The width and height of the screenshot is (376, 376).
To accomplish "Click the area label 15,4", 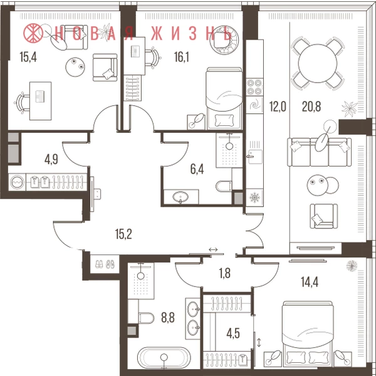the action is click(28, 57).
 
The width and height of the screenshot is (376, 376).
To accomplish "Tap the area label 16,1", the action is click(182, 57).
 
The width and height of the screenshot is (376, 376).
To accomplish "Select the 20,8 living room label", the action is click(311, 107).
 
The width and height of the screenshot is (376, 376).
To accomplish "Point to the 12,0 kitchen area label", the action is click(278, 107).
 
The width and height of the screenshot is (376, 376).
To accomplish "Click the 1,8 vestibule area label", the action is click(225, 273).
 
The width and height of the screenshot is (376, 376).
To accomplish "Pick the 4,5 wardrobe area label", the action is click(233, 333).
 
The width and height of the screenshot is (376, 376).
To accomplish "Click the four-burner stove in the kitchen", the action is click(254, 87).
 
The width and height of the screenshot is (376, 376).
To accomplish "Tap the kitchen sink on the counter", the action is click(255, 157).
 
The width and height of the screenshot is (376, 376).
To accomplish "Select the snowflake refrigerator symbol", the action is click(254, 198).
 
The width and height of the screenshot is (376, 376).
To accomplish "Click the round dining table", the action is click(318, 63).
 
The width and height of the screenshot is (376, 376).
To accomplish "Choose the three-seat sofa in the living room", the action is click(320, 152).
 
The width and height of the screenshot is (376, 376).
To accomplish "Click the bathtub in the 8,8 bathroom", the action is click(164, 358).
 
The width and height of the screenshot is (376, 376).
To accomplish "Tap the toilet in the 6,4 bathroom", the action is click(224, 186).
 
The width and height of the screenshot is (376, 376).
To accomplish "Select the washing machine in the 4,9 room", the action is click(17, 182).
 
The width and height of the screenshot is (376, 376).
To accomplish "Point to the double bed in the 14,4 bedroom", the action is click(308, 334).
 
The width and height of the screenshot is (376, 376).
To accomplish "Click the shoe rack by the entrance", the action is click(105, 264).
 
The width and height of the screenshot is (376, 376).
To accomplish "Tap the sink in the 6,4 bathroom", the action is click(180, 197).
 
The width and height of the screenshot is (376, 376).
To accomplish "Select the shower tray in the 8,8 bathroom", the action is click(141, 281).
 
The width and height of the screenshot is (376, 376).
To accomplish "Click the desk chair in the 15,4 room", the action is click(21, 103).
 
